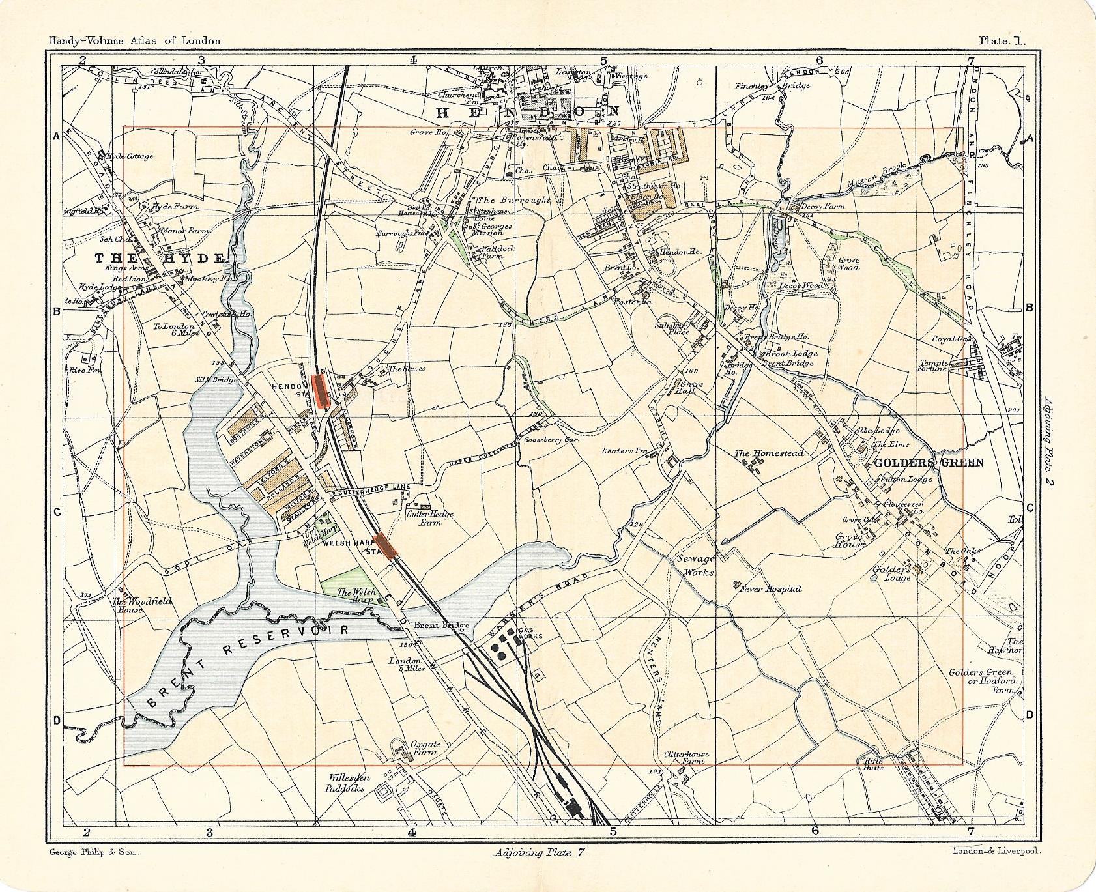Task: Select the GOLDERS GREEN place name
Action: [x=927, y=463]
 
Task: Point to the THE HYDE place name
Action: [x=160, y=258]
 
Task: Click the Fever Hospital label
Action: [x=770, y=588]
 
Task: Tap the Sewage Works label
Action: [x=695, y=566]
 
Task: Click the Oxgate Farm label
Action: [x=422, y=747]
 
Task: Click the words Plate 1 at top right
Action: [x=1002, y=40]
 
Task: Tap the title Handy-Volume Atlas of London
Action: [x=134, y=40]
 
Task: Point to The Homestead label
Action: [x=769, y=453]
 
